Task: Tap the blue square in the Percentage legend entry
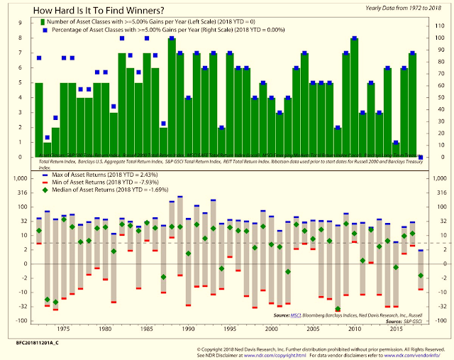[45, 32]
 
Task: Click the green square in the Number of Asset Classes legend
[45, 23]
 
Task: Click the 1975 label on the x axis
[63, 329]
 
